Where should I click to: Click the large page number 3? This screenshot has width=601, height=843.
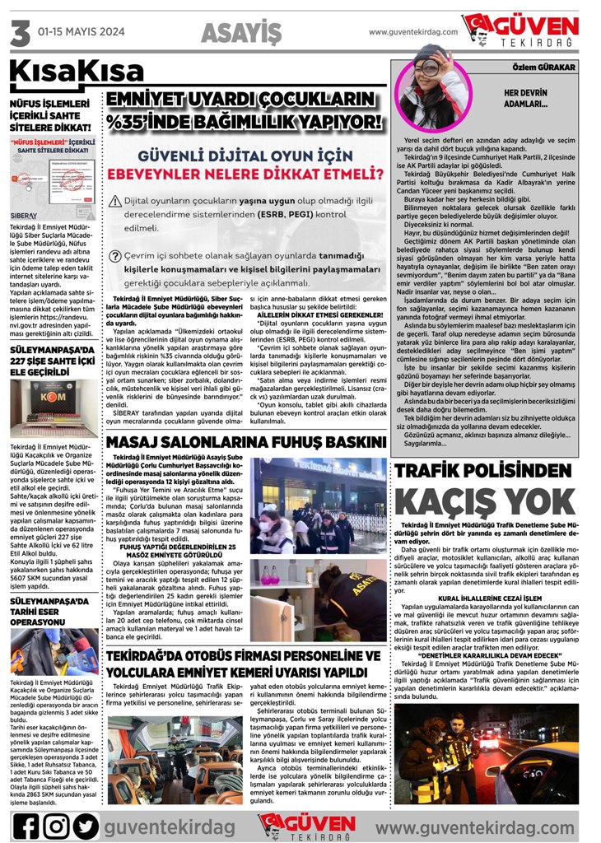tap(19, 33)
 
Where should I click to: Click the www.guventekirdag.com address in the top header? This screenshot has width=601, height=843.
tap(412, 32)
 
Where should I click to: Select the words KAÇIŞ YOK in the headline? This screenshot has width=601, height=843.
tap(484, 501)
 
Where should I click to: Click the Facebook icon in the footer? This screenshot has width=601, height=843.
tap(26, 825)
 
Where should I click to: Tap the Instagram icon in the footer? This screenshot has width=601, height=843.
tap(55, 825)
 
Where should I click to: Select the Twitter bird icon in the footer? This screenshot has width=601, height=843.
tap(85, 825)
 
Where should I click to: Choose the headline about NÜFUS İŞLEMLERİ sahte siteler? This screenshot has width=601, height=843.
tap(49, 116)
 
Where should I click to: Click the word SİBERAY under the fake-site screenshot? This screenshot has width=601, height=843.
tap(23, 215)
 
